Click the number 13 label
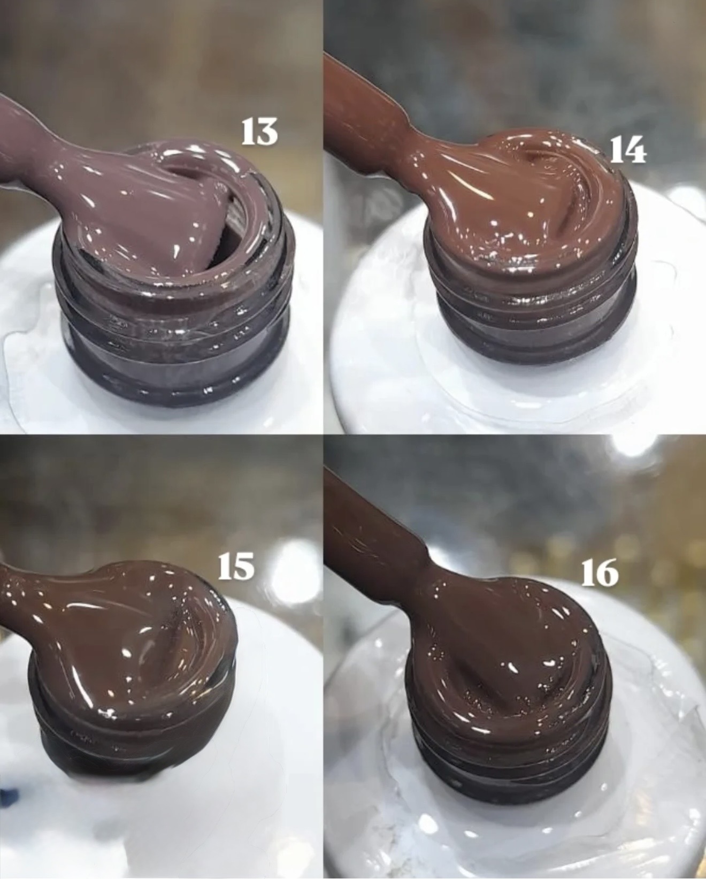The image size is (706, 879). point(260,132)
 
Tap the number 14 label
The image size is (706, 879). point(627,150)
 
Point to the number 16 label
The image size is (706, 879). point(600,572)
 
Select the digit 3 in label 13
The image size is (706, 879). point(268,132)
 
